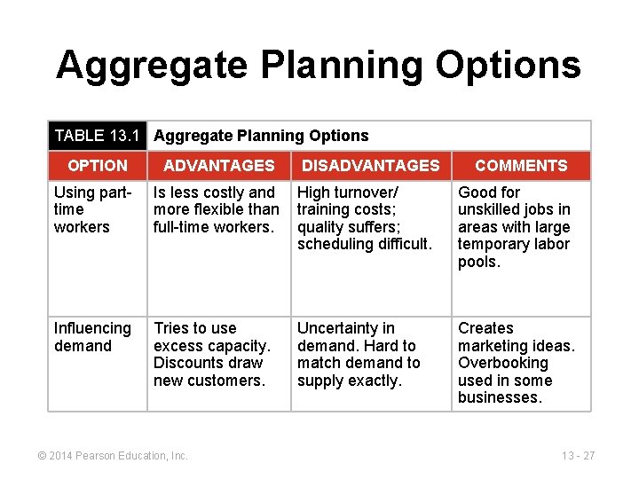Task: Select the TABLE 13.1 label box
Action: [x=98, y=136]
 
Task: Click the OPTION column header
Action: [x=98, y=166]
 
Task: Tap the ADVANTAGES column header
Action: [x=219, y=166]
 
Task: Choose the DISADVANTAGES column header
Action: [x=370, y=166]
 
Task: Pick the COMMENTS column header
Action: [x=521, y=166]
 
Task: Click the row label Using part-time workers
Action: [x=92, y=209]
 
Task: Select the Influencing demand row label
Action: [x=92, y=337]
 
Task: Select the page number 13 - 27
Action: [x=579, y=456]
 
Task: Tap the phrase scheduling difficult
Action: [x=364, y=244]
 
